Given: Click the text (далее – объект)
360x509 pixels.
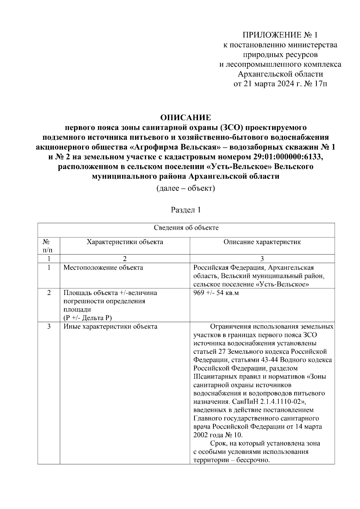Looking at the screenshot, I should coord(186,188).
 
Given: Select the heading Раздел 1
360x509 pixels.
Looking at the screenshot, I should coord(186,210).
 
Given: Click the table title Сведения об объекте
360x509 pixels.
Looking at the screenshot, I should coord(186,228).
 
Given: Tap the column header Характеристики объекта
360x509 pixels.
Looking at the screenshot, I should coord(125,242).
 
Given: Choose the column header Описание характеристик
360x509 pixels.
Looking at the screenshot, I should coord(262,242).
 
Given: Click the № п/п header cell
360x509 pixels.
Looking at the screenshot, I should coord(49,246).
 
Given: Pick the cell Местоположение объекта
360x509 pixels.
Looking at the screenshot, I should coord(103,267).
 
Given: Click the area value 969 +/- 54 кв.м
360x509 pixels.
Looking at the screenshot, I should coord(216,293).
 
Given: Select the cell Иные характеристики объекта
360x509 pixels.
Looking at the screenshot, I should coord(110,326).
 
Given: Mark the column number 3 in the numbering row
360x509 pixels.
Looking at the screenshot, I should coord(262,259).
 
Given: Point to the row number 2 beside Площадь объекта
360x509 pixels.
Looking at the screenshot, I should coord(49,293).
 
